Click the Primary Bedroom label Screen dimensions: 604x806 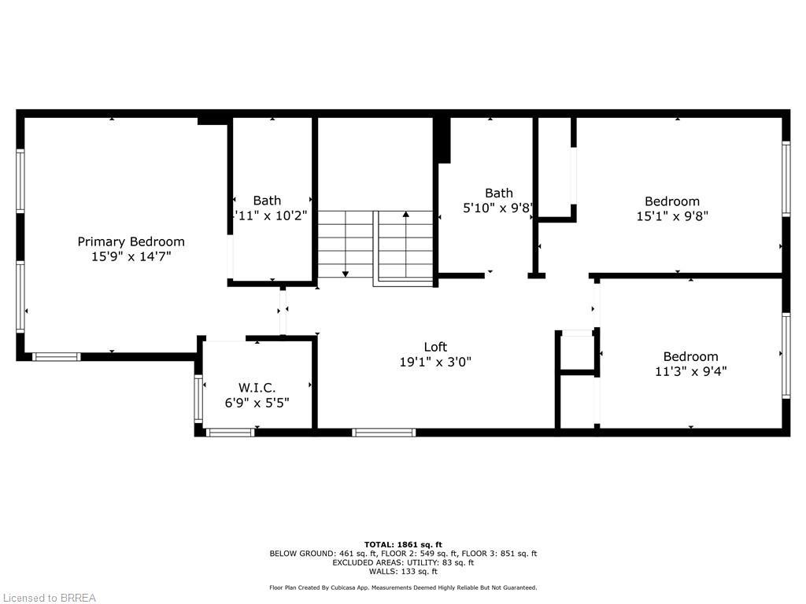point(131,241)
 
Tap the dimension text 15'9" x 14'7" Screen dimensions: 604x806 point(131,256)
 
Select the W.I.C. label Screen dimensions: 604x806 point(257,387)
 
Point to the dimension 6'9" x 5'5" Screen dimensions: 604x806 point(257,402)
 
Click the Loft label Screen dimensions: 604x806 point(435,347)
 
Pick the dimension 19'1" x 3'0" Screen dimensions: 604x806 point(435,362)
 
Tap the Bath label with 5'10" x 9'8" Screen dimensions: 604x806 point(498,193)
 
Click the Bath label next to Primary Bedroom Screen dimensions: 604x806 point(267,201)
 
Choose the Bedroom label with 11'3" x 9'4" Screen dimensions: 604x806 point(690,356)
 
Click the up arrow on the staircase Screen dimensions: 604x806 point(406,215)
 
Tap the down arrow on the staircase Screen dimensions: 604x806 point(345,273)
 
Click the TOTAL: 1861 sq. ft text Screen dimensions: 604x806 point(403,544)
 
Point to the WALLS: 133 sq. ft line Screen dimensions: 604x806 point(403,572)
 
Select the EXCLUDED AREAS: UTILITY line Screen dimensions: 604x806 point(403,562)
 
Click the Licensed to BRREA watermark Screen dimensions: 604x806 point(49,598)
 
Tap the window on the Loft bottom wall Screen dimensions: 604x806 point(383,432)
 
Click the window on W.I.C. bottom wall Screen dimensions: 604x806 point(230,432)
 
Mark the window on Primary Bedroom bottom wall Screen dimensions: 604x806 point(56,357)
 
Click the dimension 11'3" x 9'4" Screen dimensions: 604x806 point(690,371)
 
